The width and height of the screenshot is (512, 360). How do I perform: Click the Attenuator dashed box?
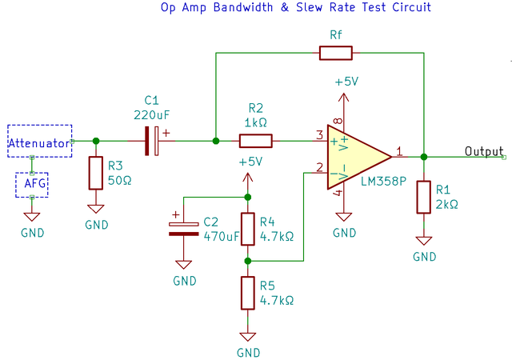39,142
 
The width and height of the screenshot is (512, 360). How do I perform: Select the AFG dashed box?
32,185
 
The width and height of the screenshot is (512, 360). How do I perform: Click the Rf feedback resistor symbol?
335,54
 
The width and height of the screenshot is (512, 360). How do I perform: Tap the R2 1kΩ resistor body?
256,142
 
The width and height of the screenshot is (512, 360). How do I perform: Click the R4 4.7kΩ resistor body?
247,229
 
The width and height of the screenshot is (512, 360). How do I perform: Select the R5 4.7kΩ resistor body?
247,293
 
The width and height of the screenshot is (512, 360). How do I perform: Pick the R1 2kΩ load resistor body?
424,197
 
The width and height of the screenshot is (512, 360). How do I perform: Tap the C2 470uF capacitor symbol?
184,229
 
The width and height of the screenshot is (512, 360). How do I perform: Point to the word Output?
484,151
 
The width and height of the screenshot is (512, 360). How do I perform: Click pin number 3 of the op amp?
318,134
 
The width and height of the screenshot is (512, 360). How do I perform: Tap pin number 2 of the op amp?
318,166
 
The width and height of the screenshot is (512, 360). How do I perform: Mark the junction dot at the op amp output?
424,157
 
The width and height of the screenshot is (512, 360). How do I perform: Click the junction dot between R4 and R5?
247,261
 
